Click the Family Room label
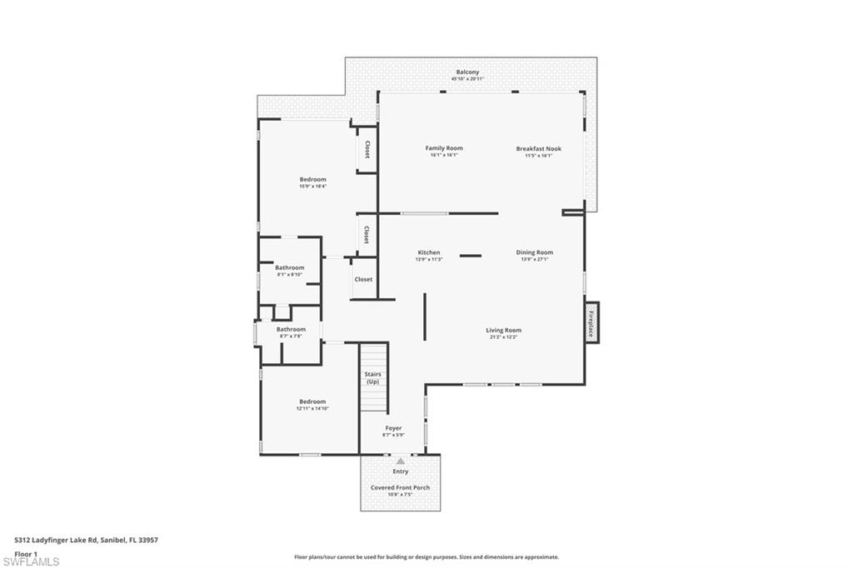[x=444, y=148]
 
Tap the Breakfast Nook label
[x=538, y=149]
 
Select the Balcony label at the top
[x=467, y=72]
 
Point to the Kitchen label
[x=429, y=252]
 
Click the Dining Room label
[x=535, y=252]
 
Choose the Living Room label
[x=503, y=330]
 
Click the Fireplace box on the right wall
[x=591, y=321]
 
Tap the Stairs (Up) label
[x=372, y=377]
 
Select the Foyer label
[x=393, y=428]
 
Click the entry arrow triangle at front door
[x=401, y=461]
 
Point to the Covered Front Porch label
[x=400, y=487]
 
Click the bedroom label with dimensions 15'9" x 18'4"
[x=312, y=179]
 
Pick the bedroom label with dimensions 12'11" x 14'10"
[x=312, y=401]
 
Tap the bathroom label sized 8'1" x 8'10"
[x=289, y=267]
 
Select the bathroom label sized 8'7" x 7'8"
[x=291, y=329]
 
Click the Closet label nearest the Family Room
[x=367, y=150]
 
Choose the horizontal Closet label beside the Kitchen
[x=363, y=279]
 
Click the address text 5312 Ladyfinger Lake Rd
[x=86, y=540]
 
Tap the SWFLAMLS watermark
[x=31, y=561]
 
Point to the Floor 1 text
[x=26, y=553]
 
